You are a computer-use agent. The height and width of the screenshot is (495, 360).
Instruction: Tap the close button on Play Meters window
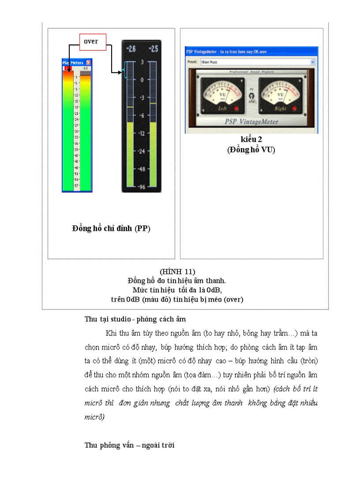coord(89,63)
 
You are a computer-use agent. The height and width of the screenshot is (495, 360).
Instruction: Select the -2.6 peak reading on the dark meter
coord(131,48)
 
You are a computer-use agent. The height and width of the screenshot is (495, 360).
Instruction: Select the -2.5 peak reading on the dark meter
coord(153,48)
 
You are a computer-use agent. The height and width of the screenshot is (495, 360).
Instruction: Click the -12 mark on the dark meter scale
coord(142,133)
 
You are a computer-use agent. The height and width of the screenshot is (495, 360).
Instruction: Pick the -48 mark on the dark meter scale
coord(142,169)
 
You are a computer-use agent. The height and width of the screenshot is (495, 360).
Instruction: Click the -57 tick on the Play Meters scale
coord(76,186)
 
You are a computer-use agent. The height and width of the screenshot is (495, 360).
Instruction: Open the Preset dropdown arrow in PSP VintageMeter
coord(313,62)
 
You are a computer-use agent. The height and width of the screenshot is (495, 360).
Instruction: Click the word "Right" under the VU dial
coord(280,108)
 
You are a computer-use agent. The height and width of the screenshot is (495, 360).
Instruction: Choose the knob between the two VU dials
coord(251,95)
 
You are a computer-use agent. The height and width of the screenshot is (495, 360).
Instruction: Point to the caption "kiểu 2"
coord(251,140)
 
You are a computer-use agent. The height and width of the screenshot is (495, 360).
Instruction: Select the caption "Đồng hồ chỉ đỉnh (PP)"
coord(111,228)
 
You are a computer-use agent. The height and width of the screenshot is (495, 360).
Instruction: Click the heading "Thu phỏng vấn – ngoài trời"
coord(129,445)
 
